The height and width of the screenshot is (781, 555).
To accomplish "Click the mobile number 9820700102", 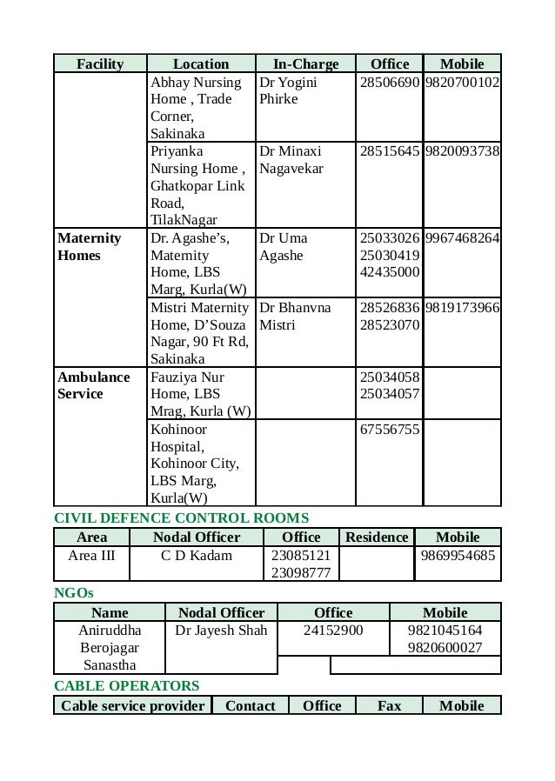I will pyautogui.click(x=463, y=83).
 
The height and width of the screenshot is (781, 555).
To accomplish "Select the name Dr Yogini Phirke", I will pyautogui.click(x=288, y=91).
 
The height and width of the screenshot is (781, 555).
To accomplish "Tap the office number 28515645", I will pyautogui.click(x=389, y=150).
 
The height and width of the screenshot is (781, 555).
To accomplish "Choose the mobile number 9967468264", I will pyautogui.click(x=463, y=238).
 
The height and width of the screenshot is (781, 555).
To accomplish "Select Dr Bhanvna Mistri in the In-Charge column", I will pyautogui.click(x=294, y=317).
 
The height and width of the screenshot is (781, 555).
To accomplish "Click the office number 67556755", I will pyautogui.click(x=389, y=430).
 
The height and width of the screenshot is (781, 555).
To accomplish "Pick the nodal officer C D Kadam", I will pyautogui.click(x=197, y=555).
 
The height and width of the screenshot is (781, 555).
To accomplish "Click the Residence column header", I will pyautogui.click(x=377, y=537).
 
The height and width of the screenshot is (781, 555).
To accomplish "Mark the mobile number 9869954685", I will pyautogui.click(x=458, y=555).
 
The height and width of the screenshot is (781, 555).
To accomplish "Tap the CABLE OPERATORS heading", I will pyautogui.click(x=127, y=686).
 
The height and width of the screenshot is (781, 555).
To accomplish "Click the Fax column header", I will pyautogui.click(x=389, y=705).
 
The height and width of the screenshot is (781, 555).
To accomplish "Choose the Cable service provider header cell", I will pyautogui.click(x=132, y=705).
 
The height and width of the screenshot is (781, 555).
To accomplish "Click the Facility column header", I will pyautogui.click(x=100, y=63).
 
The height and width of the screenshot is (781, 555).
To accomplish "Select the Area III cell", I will pyautogui.click(x=91, y=555).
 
